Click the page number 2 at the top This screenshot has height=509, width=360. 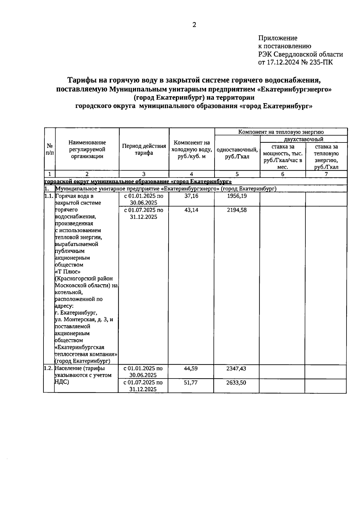pyautogui.click(x=194, y=25)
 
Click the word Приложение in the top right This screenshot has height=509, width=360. pyautogui.click(x=277, y=38)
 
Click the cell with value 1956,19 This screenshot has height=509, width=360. pyautogui.click(x=237, y=196)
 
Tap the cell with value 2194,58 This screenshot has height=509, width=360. pyautogui.click(x=237, y=210)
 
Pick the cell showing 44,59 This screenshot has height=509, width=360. pyautogui.click(x=191, y=369)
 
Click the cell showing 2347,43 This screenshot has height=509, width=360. pyautogui.click(x=236, y=369)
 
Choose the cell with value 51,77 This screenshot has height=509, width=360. pyautogui.click(x=191, y=382)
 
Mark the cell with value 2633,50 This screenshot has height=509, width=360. pyautogui.click(x=236, y=382)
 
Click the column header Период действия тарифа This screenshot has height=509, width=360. pyautogui.click(x=144, y=149)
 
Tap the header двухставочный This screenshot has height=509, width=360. pyautogui.click(x=304, y=139)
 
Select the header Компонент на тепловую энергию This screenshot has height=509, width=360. pyautogui.click(x=281, y=132)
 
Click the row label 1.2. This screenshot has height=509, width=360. pyautogui.click(x=48, y=368)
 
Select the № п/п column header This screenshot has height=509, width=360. pyautogui.click(x=50, y=149)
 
